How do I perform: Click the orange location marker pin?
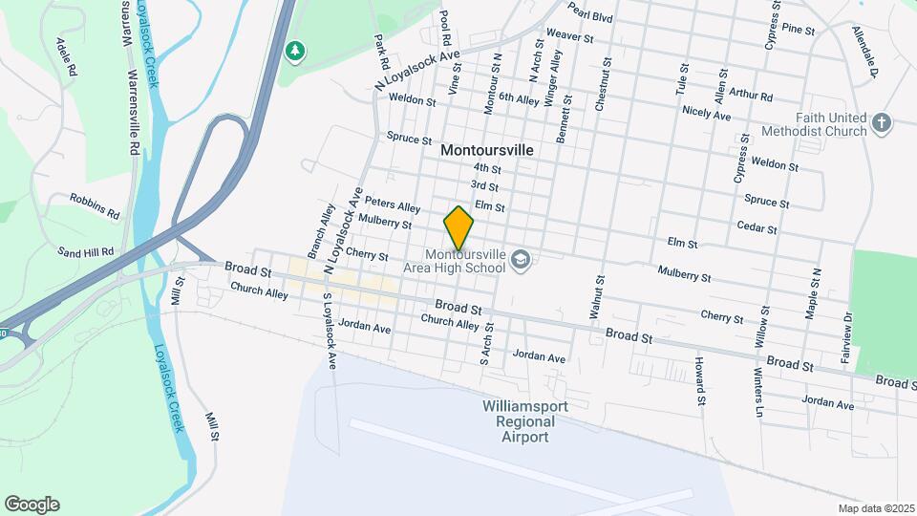[x=459, y=228]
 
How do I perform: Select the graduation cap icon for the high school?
[x=521, y=259]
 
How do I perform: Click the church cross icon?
[x=882, y=123]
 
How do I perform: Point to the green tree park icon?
[x=296, y=49]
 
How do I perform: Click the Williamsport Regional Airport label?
[x=525, y=421]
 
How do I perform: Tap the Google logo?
[x=32, y=505]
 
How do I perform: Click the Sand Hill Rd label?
[x=86, y=252]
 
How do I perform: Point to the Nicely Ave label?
[x=707, y=114]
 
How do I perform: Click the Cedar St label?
[x=757, y=226]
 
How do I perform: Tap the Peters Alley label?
[x=393, y=205]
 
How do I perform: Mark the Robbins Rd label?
[x=95, y=204]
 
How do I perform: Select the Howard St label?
[x=700, y=380]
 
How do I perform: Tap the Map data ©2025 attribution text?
[x=874, y=508]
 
